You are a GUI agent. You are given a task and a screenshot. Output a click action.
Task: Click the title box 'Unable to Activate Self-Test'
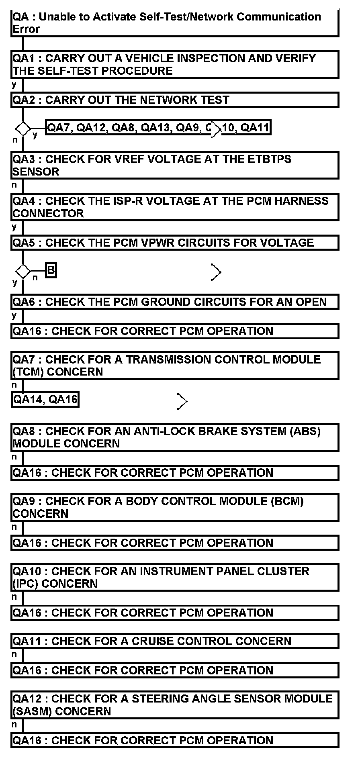175,23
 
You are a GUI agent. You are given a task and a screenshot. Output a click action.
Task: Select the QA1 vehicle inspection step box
175,64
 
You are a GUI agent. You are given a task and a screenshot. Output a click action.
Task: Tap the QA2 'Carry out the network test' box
175,100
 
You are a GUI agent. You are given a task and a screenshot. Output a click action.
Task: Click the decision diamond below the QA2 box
23,129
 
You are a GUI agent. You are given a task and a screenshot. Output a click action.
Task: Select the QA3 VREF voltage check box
175,165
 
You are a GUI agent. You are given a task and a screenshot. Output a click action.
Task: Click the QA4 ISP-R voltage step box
175,207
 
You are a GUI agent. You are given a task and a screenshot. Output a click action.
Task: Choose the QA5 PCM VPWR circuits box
175,243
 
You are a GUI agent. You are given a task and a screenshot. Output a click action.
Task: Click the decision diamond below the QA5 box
23,272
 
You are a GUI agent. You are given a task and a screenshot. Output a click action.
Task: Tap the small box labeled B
51,270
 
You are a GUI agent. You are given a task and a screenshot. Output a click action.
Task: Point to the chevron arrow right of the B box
216,272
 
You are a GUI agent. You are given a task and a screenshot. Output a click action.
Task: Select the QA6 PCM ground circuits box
175,302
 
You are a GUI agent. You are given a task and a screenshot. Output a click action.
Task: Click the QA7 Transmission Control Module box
175,366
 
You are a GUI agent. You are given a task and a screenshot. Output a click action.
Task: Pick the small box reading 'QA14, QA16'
45,400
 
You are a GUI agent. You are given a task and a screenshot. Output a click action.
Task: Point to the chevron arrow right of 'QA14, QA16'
182,401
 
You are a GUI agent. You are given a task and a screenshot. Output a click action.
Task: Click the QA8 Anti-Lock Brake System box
175,437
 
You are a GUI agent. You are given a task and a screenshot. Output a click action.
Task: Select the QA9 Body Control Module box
175,507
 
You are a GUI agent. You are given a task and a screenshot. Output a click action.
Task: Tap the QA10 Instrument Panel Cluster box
175,577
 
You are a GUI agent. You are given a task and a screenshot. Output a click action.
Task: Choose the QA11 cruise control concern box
175,641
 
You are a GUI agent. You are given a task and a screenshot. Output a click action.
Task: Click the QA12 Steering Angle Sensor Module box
175,705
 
